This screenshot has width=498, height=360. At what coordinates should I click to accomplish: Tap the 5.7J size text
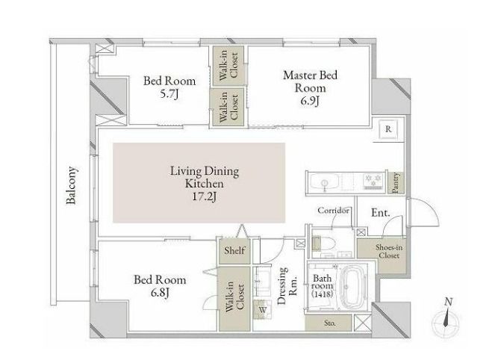coord(169,94)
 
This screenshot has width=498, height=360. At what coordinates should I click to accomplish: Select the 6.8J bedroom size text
coord(160,292)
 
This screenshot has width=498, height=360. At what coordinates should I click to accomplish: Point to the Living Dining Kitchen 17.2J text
coord(205,184)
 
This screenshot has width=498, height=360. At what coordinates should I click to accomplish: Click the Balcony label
coord(71,185)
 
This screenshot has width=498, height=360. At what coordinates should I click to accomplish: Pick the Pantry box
coord(396,183)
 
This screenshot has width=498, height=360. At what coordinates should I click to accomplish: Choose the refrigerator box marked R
coord(388,129)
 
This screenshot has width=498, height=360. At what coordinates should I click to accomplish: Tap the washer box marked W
coord(263,309)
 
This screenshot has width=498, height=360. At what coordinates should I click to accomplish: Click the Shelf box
coord(234,250)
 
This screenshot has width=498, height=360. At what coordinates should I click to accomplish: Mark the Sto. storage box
coord(329,323)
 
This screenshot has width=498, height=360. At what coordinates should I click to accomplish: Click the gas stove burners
coord(373,181)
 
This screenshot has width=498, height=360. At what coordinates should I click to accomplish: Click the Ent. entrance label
coord(381,213)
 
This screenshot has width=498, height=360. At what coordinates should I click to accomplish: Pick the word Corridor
coord(333,211)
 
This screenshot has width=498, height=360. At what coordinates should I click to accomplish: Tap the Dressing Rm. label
coord(287,285)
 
